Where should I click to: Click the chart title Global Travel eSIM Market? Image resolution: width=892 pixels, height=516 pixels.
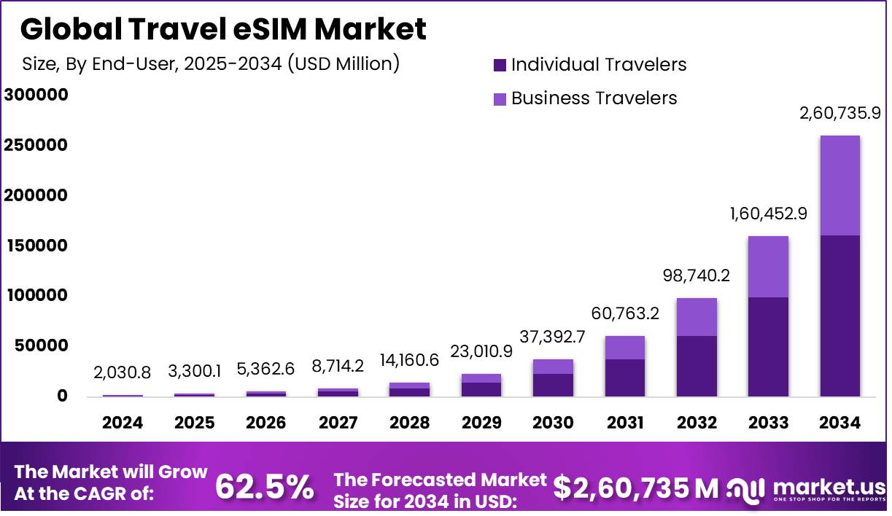(223, 29)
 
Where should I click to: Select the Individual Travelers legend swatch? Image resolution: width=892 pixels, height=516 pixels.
(500, 65)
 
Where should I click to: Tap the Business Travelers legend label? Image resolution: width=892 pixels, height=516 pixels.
(594, 98)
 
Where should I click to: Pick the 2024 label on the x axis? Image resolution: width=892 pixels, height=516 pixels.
(123, 423)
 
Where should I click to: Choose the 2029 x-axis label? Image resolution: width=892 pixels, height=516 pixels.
(481, 423)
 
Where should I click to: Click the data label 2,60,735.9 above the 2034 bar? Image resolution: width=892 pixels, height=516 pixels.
(840, 114)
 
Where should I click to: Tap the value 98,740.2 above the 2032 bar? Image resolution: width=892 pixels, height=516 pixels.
(697, 276)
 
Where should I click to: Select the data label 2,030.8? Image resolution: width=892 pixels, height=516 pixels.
(123, 373)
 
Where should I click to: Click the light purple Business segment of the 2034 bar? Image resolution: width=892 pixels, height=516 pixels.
(839, 185)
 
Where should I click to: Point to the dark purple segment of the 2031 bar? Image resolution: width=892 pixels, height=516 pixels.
(624, 378)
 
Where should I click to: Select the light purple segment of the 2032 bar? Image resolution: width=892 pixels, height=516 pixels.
(697, 317)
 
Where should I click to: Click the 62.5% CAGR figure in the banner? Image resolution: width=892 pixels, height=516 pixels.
(265, 487)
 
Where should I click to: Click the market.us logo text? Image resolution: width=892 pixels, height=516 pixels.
(828, 486)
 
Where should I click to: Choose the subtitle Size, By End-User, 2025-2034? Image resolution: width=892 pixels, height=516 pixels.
(211, 63)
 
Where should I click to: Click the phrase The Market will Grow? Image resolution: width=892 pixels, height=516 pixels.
(112, 472)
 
